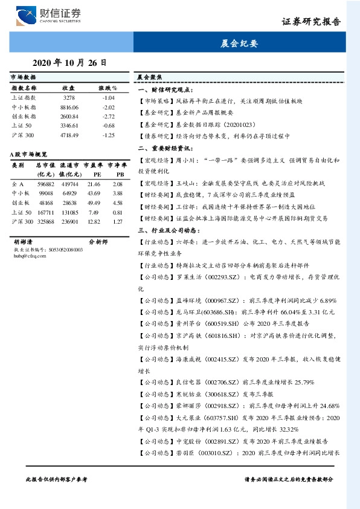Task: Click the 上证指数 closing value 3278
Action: tap(69, 97)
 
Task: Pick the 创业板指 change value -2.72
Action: tap(108, 115)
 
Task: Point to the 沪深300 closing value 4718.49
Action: tap(69, 135)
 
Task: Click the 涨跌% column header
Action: tap(108, 87)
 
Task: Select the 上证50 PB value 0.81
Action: tap(118, 212)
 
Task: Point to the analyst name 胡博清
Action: tap(24, 241)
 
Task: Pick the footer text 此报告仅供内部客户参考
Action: tap(57, 478)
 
